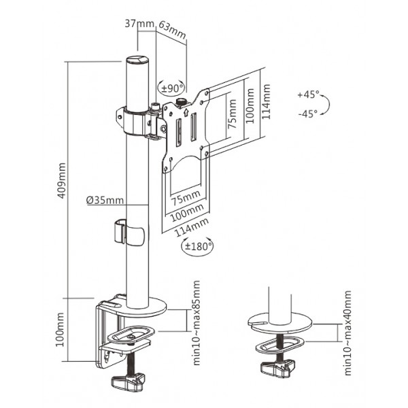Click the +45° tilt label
click(x=307, y=95)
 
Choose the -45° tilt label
click(x=307, y=114)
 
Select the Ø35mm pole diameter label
click(x=105, y=200)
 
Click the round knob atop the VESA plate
click(x=183, y=101)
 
